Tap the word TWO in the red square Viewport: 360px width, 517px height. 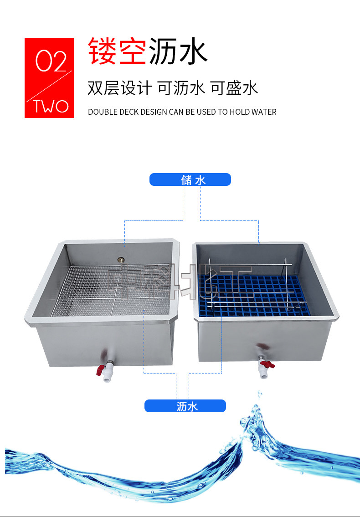pyautogui.click(x=51, y=106)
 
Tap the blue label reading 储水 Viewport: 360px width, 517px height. pyautogui.click(x=190, y=180)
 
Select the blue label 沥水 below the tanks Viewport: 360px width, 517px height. pyautogui.click(x=185, y=406)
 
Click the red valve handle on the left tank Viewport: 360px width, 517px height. pyautogui.click(x=99, y=370)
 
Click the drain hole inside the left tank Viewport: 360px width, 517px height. pyautogui.click(x=120, y=260)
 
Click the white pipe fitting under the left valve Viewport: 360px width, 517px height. pyautogui.click(x=107, y=374)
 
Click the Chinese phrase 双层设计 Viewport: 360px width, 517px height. pyautogui.click(x=119, y=88)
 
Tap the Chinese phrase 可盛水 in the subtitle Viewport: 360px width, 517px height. pyautogui.click(x=234, y=88)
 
